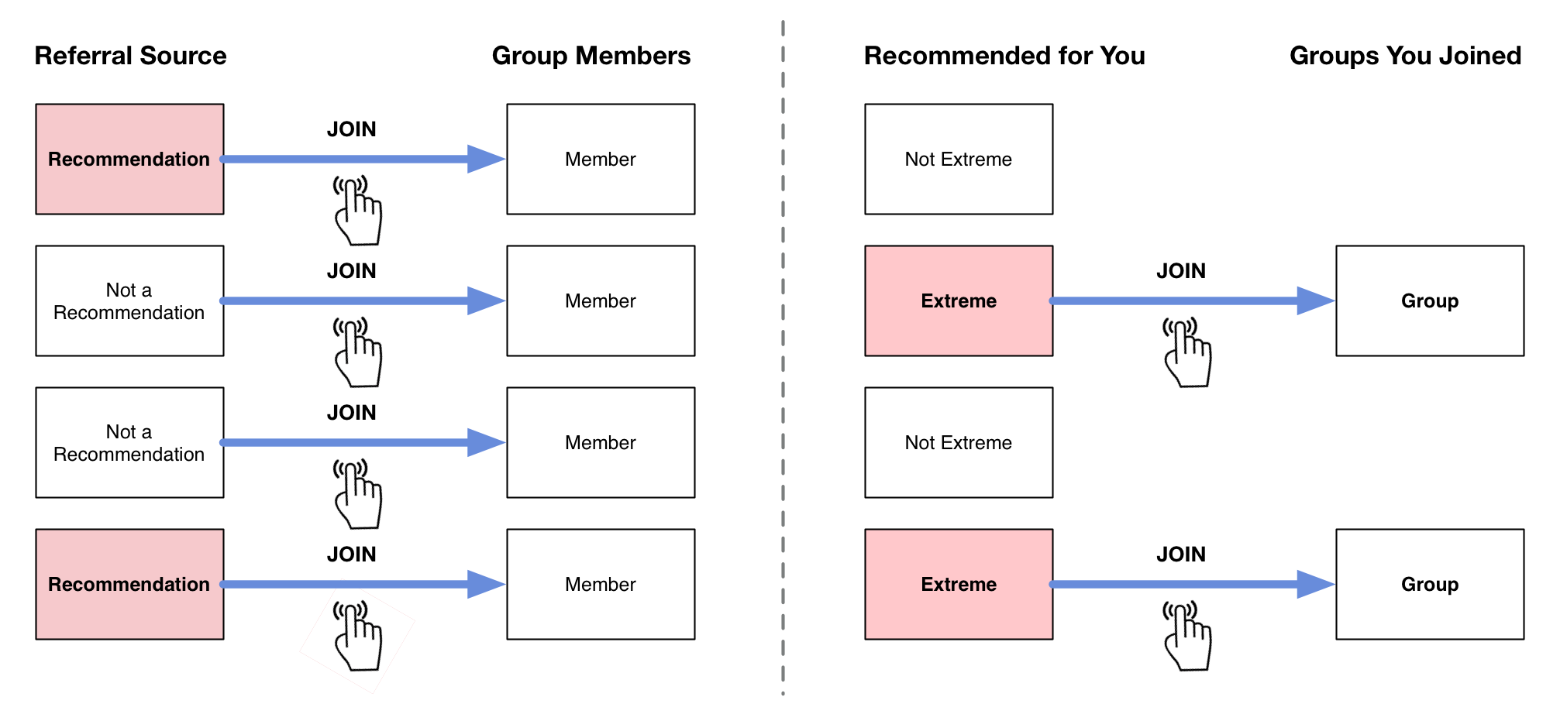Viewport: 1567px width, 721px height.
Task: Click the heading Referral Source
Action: pyautogui.click(x=130, y=56)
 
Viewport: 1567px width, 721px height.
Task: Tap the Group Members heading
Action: pyautogui.click(x=591, y=56)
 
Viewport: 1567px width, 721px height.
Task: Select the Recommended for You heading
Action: pyautogui.click(x=1004, y=56)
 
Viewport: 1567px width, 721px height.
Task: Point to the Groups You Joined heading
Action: pyautogui.click(x=1406, y=56)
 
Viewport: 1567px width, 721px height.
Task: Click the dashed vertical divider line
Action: pyautogui.click(x=783, y=358)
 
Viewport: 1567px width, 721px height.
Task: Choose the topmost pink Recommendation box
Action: pyautogui.click(x=129, y=159)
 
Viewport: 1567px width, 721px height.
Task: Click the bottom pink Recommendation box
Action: pyautogui.click(x=129, y=584)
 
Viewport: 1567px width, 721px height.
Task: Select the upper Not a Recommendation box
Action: pyautogui.click(x=129, y=300)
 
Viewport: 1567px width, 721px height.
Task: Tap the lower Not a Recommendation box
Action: pyautogui.click(x=129, y=442)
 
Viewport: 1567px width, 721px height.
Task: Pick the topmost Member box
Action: pyautogui.click(x=601, y=159)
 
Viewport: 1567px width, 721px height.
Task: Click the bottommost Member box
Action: pyautogui.click(x=601, y=584)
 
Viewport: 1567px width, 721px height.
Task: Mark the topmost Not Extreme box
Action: pyautogui.click(x=959, y=159)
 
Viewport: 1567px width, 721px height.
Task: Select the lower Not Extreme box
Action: pyautogui.click(x=959, y=442)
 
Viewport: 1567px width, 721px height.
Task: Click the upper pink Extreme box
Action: pyautogui.click(x=959, y=300)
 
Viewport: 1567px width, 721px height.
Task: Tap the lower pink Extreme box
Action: pyautogui.click(x=959, y=584)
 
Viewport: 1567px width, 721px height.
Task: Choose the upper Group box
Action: pyautogui.click(x=1430, y=300)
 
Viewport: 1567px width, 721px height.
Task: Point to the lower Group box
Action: pyautogui.click(x=1430, y=584)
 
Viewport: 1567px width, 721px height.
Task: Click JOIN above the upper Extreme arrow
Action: pyautogui.click(x=1181, y=271)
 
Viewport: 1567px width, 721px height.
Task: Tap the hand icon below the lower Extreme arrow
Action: pyautogui.click(x=1187, y=636)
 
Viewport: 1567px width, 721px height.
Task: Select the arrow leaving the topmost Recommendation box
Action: pyautogui.click(x=363, y=159)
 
